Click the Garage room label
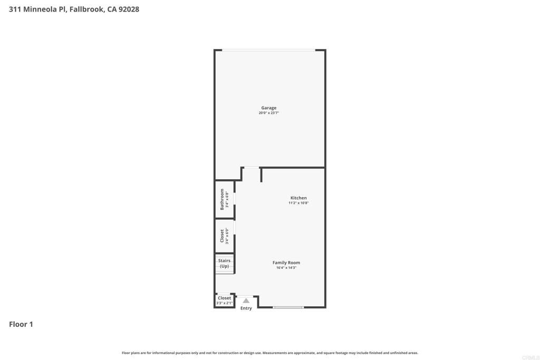coord(268,108)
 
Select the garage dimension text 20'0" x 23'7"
coord(268,113)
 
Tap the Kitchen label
coord(298,198)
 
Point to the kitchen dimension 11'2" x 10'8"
coord(298,203)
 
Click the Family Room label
coord(286,262)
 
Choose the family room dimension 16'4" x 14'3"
coord(286,268)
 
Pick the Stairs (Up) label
coord(225,264)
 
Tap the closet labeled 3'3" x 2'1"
coord(225,300)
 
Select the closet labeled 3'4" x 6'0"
coord(225,236)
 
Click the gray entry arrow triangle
coord(246,300)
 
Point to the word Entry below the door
coord(246,308)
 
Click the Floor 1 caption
coord(21,324)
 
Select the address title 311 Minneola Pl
coord(37,9)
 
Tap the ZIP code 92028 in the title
coord(129,9)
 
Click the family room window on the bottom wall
coord(288,307)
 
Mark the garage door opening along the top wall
coord(268,50)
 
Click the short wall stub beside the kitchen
coord(261,175)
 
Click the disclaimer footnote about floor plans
coord(270,353)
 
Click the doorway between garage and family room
coord(252,168)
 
